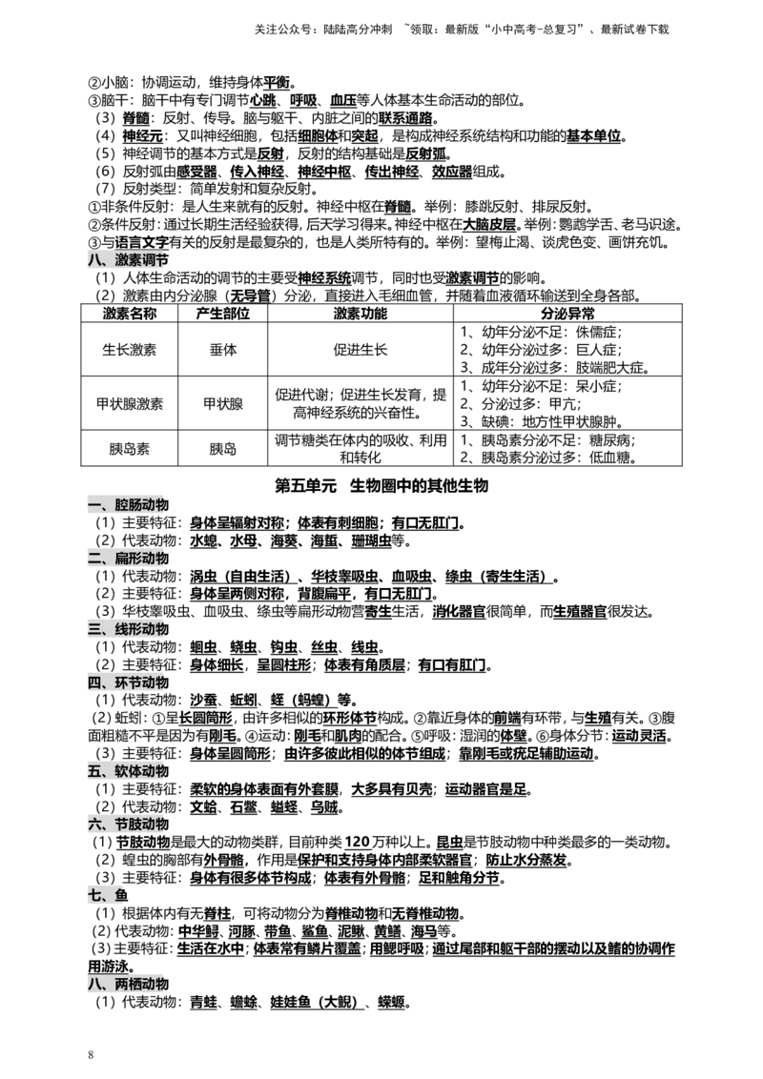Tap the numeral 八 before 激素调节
(x=94, y=260)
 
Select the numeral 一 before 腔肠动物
(x=94, y=505)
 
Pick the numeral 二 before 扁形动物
(x=94, y=559)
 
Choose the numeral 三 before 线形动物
(x=94, y=629)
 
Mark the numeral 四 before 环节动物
(x=94, y=682)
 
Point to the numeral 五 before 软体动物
(x=94, y=771)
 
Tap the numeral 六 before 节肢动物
(x=94, y=825)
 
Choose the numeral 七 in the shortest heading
(x=94, y=896)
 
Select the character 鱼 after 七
(x=121, y=896)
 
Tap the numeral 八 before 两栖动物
(x=94, y=984)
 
